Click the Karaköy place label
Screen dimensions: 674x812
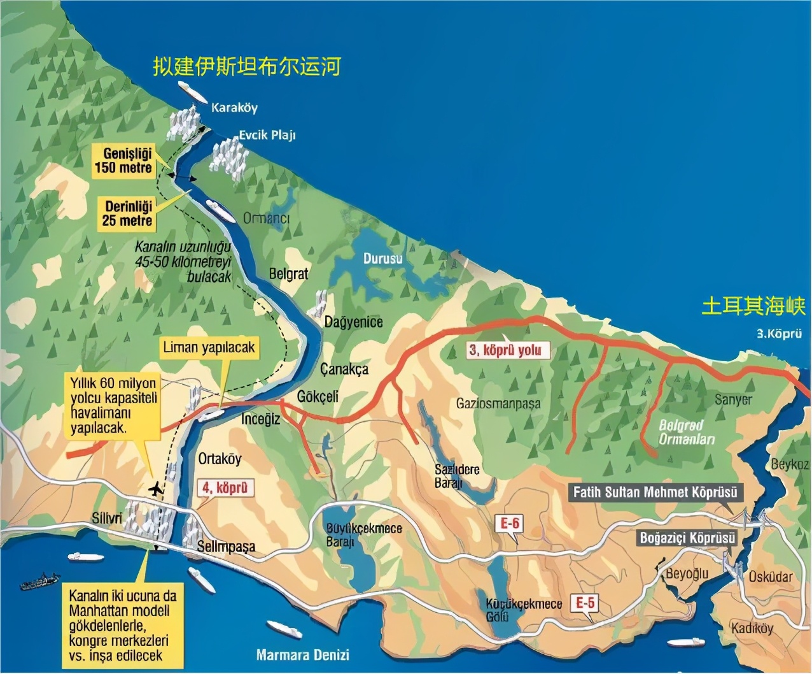[234, 108]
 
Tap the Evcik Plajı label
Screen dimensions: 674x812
[267, 135]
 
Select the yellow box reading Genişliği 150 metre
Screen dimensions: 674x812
[123, 161]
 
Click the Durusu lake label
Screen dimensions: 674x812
[382, 259]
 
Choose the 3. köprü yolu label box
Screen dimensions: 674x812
[505, 350]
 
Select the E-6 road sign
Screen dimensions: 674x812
[510, 524]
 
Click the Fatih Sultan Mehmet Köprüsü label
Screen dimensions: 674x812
[655, 492]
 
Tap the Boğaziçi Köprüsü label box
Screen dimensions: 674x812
[687, 538]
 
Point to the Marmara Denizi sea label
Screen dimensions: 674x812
[302, 654]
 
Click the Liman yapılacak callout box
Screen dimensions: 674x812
[209, 347]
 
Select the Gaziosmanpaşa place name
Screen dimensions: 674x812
[498, 403]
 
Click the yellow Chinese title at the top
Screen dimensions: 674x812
[247, 66]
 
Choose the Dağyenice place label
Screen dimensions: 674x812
[354, 322]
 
